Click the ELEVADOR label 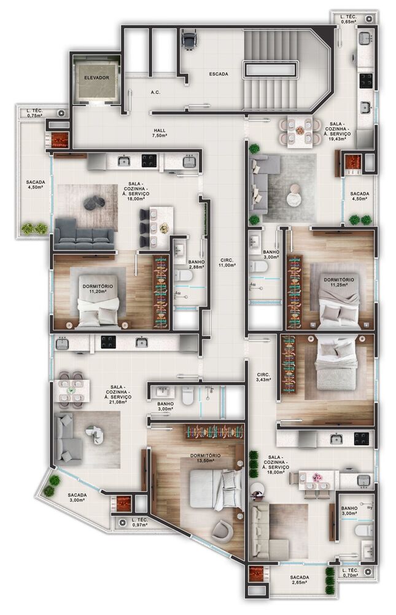click(97, 77)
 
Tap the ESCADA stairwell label click(219, 74)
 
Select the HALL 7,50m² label click(160, 133)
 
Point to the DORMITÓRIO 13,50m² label click(205, 458)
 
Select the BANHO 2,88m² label click(196, 264)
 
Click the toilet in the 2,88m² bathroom click(183, 275)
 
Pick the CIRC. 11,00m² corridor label click(227, 263)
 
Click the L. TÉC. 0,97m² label click(140, 522)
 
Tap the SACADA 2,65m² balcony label click(300, 580)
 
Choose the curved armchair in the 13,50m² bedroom click(222, 530)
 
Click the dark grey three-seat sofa click(85, 234)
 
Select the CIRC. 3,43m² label click(263, 377)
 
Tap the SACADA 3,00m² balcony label click(77, 498)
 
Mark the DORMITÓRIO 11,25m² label click(339, 282)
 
